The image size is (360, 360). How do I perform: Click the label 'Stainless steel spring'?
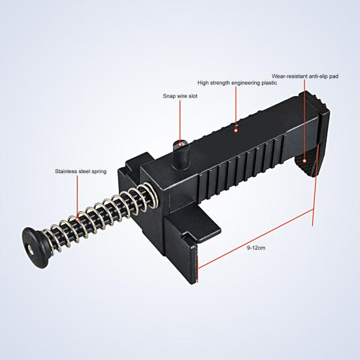(x=81, y=172)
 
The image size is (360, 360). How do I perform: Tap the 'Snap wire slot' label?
(x=180, y=95)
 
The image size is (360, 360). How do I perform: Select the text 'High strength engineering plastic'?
(x=237, y=83)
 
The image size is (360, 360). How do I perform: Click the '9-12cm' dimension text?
(x=256, y=248)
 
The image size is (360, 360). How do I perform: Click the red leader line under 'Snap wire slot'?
(x=180, y=118)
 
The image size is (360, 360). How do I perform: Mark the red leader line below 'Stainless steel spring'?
(x=79, y=196)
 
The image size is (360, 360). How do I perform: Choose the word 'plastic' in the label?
(x=269, y=83)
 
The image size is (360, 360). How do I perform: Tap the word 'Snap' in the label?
(x=169, y=95)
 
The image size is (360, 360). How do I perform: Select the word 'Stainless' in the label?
(x=66, y=172)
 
